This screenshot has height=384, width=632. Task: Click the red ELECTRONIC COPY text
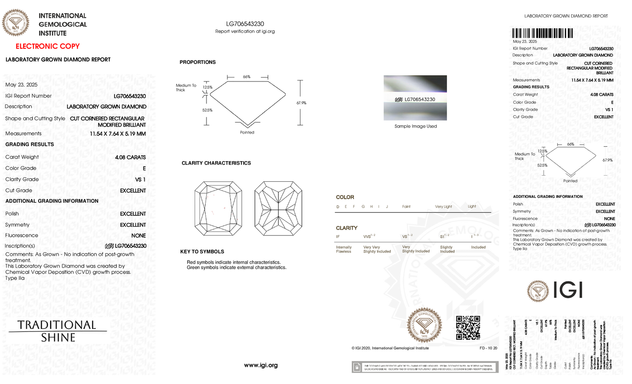coord(48,46)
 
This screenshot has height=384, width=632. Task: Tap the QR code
coord(468,328)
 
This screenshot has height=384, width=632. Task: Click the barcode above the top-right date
coord(542,33)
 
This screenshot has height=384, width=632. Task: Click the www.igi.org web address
coord(261,365)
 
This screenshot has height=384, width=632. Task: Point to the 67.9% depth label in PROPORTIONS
coord(301,103)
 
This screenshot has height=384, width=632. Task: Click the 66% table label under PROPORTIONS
coord(247,77)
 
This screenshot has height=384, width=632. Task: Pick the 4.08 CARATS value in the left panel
coord(130,157)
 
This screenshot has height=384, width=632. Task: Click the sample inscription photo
coord(415,98)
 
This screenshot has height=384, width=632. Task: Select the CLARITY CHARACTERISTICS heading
coord(216,163)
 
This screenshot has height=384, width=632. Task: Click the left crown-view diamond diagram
coord(218,208)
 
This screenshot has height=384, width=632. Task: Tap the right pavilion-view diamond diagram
coord(278,208)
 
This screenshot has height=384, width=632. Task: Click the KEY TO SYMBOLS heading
coord(202,252)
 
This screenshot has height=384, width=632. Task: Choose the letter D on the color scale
coord(338,207)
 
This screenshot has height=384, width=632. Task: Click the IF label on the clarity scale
coord(338,237)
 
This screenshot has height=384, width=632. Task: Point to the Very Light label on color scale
coord(443,207)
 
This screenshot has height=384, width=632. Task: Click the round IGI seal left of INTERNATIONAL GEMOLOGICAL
coord(16,23)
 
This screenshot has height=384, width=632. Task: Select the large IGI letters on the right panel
coord(568,290)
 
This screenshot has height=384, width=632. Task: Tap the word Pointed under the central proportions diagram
coord(247,132)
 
